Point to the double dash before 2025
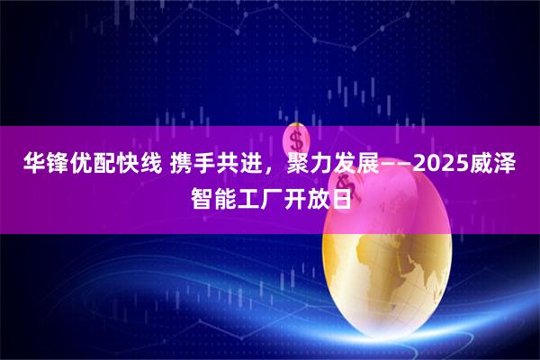pos(399,165)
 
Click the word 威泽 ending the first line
pos(504,165)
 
